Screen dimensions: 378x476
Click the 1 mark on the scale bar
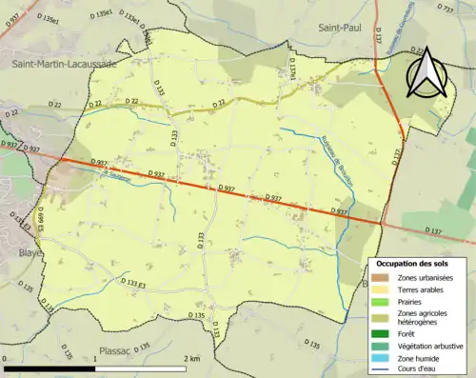[x=99, y=358]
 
